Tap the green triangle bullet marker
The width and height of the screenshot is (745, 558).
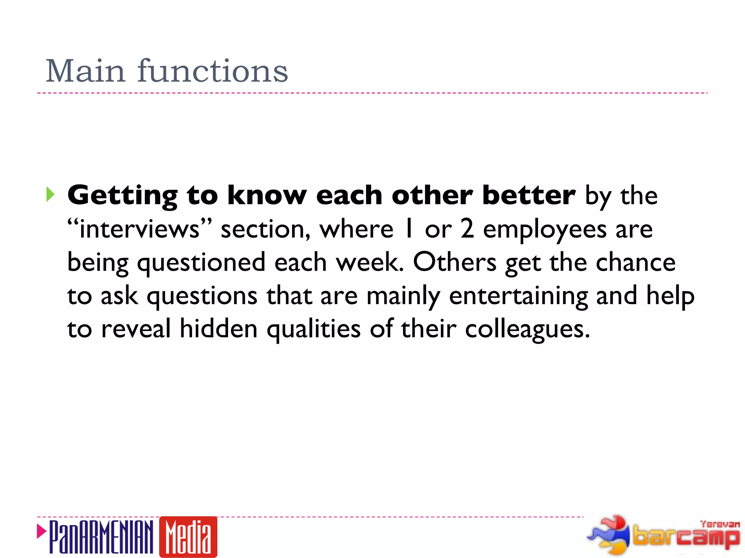tap(50, 195)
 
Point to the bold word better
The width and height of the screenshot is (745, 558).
tap(529, 195)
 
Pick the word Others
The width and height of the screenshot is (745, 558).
tap(454, 262)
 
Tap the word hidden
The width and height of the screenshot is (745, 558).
tap(219, 329)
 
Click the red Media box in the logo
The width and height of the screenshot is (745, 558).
tap(188, 537)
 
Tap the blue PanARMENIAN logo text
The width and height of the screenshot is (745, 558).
tap(101, 537)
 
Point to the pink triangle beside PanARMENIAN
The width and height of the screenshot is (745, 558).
tap(41, 531)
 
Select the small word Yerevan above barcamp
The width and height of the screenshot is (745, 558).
tap(720, 524)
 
